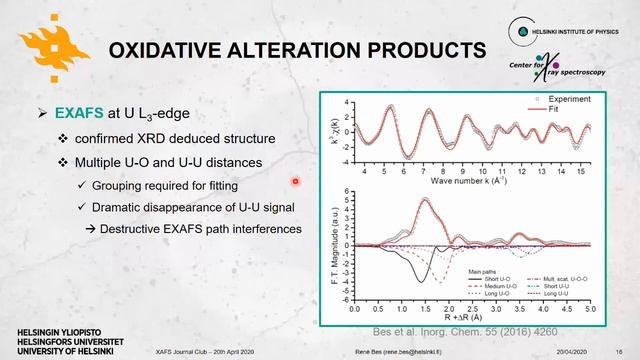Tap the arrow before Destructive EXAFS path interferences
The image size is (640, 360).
click(x=88, y=229)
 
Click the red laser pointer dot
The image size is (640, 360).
click(x=296, y=181)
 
